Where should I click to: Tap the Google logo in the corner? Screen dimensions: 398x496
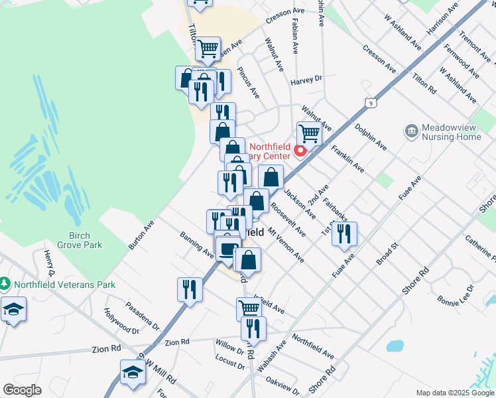pos(22,390)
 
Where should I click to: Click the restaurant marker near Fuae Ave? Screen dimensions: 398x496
pos(345,233)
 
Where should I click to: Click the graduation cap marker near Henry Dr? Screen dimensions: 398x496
pos(13,310)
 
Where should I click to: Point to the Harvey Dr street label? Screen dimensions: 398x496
pos(306,80)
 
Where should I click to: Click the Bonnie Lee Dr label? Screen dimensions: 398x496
pos(456,297)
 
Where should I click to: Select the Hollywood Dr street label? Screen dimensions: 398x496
pos(122,320)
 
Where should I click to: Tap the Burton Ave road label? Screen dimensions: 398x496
pos(141,235)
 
